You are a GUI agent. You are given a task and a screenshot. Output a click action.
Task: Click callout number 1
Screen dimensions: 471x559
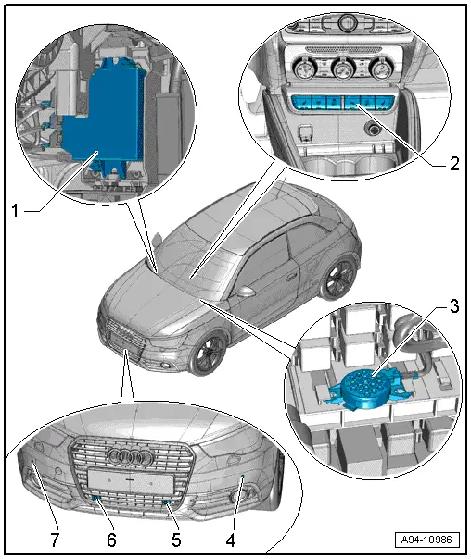(x=15, y=211)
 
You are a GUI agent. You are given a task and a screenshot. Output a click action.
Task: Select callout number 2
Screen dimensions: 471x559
(x=454, y=164)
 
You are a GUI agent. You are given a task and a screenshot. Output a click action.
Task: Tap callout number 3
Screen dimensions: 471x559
(x=454, y=306)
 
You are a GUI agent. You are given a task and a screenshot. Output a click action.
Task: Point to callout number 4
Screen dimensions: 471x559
(x=231, y=540)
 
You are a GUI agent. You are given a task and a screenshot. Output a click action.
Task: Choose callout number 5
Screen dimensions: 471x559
(x=176, y=540)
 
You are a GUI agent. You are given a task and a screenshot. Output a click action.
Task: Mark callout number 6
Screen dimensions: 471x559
(x=111, y=540)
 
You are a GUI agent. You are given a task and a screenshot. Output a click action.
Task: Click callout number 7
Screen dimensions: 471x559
(x=55, y=540)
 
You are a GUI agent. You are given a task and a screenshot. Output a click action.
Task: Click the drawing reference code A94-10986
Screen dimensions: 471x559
(x=426, y=540)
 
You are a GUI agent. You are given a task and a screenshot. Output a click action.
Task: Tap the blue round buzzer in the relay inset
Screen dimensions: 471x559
(x=365, y=388)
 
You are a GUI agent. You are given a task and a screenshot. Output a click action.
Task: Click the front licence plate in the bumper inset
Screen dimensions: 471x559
(x=131, y=480)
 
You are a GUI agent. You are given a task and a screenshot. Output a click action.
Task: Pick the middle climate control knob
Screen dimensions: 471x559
(x=342, y=69)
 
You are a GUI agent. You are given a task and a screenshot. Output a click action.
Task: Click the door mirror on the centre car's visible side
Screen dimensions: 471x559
(x=246, y=292)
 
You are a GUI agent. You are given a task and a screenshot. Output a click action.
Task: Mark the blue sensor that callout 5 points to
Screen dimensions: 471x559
(x=166, y=503)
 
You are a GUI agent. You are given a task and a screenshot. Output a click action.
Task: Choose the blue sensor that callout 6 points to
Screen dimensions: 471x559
(x=95, y=498)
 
